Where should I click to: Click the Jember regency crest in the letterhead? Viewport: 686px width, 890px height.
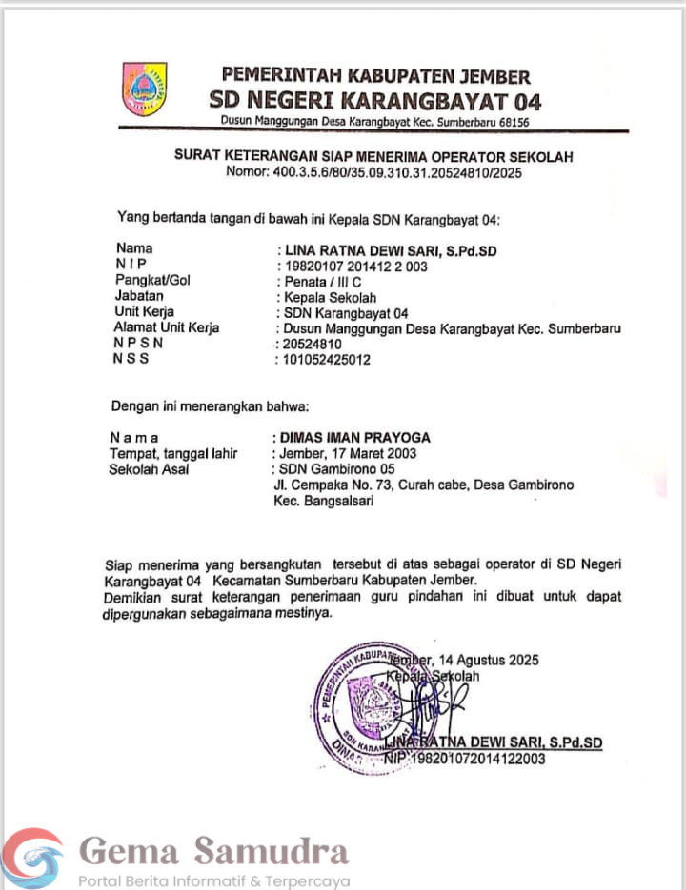tap(144, 89)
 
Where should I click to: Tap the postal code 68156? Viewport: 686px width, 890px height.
tap(511, 122)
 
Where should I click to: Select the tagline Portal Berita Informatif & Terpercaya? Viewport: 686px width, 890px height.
tap(214, 880)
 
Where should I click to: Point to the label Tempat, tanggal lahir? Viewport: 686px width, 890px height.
tap(173, 453)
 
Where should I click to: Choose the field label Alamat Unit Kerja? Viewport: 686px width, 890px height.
tap(166, 328)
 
